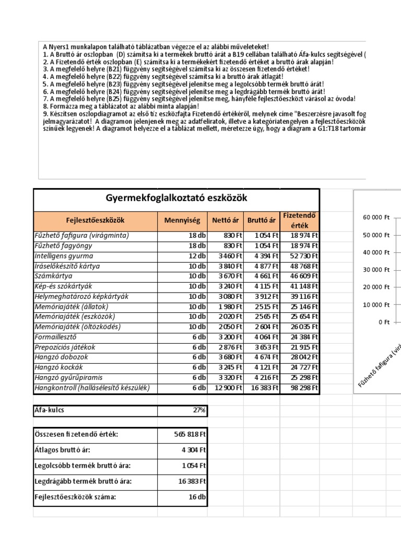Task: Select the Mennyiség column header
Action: click(182, 220)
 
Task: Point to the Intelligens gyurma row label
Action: click(64, 256)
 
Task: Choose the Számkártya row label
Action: click(53, 276)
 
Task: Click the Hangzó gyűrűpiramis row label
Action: click(68, 378)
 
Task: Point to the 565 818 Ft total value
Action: click(190, 434)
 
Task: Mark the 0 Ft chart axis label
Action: click(384, 322)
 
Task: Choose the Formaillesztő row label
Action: click(55, 337)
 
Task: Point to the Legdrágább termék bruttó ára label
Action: click(76, 481)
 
